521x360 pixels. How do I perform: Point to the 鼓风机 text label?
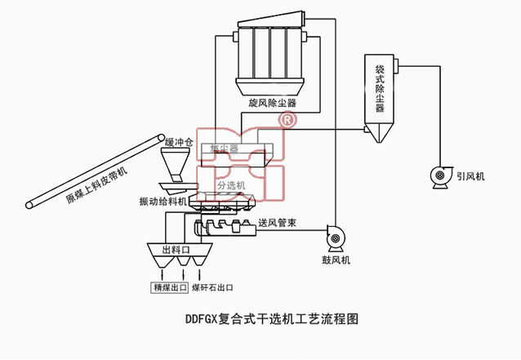pos(336,260)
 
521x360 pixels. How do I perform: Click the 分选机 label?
pos(230,186)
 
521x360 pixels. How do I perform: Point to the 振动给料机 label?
pos(163,201)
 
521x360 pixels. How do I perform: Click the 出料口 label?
pos(176,250)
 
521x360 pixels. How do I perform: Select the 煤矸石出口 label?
pos(212,287)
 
